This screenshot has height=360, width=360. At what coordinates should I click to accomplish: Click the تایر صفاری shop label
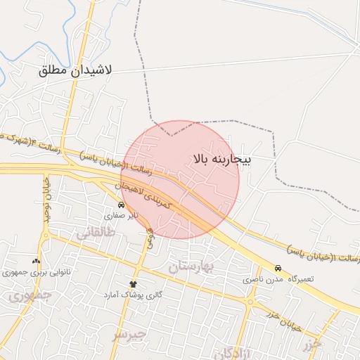[127, 215]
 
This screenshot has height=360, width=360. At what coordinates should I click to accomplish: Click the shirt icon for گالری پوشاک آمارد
[133, 283]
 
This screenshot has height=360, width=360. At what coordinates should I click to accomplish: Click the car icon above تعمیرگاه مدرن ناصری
[278, 268]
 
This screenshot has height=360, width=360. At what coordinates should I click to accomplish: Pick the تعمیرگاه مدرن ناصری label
[278, 279]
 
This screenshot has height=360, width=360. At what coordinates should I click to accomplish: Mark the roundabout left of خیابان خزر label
[251, 302]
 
